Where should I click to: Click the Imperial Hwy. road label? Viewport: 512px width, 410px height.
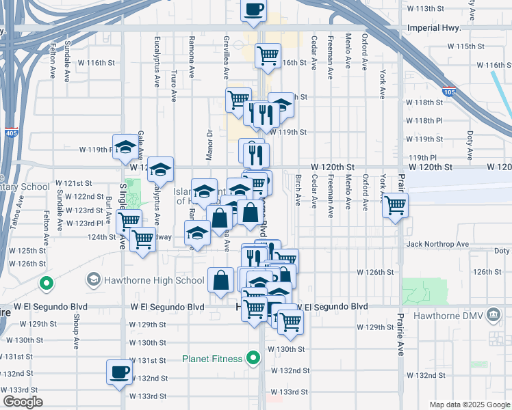[438, 29]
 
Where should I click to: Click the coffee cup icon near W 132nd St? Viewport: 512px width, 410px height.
[119, 372]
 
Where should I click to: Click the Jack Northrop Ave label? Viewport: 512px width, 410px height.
[437, 244]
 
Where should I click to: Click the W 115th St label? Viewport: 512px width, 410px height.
[464, 46]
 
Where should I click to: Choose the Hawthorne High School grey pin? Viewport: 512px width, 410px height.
[93, 279]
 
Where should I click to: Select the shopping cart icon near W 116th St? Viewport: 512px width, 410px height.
[268, 56]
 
